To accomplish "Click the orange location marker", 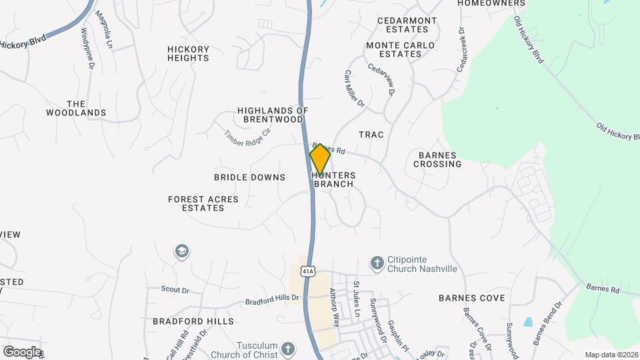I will pos(320,159).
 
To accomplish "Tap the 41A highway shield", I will pos(307,271).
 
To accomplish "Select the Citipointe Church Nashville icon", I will pos(377,264).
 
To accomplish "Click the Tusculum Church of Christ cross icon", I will pos(287,349).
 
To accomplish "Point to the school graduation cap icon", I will pos(181,251).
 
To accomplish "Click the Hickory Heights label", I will pos(188,53).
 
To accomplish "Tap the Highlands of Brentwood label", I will pos(273,115).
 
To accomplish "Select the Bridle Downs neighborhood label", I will pos(249,177).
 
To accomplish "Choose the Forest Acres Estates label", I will pos(203,203).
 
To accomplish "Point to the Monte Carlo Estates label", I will pos(400,49).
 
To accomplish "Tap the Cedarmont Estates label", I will pos(407,25).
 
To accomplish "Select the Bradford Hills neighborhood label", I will pos(193,321).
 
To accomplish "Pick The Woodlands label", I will pos(76,108).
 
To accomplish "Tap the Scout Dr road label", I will pos(175,290).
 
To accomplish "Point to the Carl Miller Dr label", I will pos(355,89).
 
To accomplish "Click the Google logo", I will pos(21,351).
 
